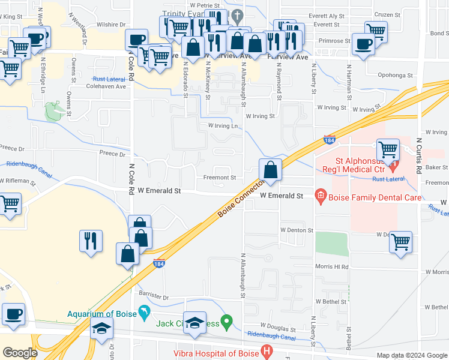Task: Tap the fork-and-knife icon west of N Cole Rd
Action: click(91, 241)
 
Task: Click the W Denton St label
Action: click(297, 230)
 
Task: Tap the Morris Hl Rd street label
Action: click(331, 266)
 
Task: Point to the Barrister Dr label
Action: click(154, 297)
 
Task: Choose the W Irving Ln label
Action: click(223, 126)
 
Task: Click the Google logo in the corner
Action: click(19, 352)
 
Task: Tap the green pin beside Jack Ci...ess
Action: click(226, 323)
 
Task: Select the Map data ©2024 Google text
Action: click(411, 355)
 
